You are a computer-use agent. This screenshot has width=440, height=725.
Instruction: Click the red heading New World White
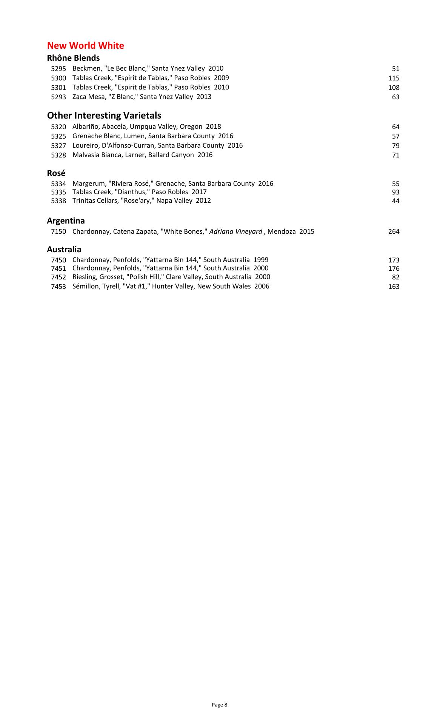tap(85, 46)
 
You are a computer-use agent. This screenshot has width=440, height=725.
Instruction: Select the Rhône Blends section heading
tap(73, 58)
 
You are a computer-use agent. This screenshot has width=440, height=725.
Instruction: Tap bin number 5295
tap(58, 69)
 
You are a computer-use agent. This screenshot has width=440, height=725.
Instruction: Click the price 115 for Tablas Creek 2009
tap(394, 78)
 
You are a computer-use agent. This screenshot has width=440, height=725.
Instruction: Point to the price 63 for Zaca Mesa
tap(395, 97)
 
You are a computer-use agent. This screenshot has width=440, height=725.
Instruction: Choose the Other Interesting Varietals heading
tap(104, 116)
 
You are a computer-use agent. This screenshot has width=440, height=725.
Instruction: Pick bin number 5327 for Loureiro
tap(58, 146)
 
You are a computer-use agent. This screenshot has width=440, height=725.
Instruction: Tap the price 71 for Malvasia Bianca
tap(395, 155)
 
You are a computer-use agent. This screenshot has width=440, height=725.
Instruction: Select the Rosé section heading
tap(56, 173)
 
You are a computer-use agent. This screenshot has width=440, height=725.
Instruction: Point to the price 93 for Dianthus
tap(395, 192)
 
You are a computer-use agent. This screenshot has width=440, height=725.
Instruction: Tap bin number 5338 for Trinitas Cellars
tap(58, 201)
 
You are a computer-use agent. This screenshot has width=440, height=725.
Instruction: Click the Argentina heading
tap(66, 221)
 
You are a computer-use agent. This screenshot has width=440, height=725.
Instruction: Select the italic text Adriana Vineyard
tap(235, 231)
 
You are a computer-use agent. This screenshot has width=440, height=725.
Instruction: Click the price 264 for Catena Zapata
tap(394, 231)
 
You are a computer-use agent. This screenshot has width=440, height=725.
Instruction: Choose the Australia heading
tap(64, 250)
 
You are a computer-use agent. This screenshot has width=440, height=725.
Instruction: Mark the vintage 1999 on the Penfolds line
tap(261, 260)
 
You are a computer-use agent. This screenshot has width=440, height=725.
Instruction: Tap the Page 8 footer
tap(220, 705)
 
